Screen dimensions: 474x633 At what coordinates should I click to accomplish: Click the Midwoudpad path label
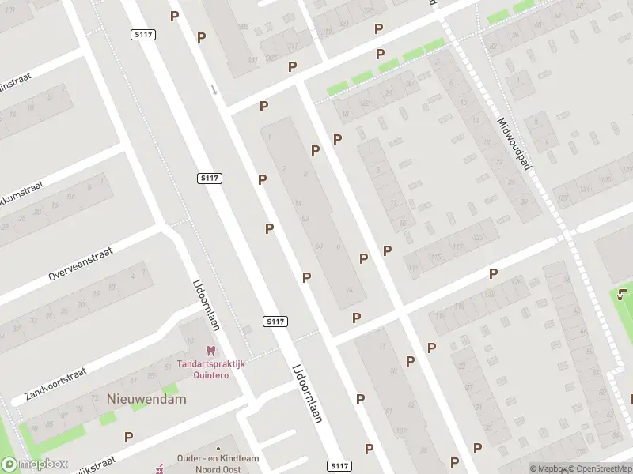coord(512,145)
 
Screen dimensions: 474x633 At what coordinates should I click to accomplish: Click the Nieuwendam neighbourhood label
coord(146,399)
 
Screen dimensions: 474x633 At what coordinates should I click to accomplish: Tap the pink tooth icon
coord(210,350)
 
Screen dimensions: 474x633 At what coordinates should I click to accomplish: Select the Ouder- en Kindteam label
coord(218,458)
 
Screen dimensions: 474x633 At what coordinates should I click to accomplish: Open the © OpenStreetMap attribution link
coord(598,468)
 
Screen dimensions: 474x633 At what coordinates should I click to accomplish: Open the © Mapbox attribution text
coord(547,468)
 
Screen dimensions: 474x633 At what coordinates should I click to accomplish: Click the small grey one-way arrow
coord(213,88)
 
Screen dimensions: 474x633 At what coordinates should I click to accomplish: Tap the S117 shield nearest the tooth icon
coord(275,322)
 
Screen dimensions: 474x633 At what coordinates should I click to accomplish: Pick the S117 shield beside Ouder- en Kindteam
coord(339,466)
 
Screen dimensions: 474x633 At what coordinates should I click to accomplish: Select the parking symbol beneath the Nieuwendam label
coord(128,436)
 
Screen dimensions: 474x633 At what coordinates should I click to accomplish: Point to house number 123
coord(477,238)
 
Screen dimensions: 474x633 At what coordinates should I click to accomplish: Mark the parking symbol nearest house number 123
coord(493,273)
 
